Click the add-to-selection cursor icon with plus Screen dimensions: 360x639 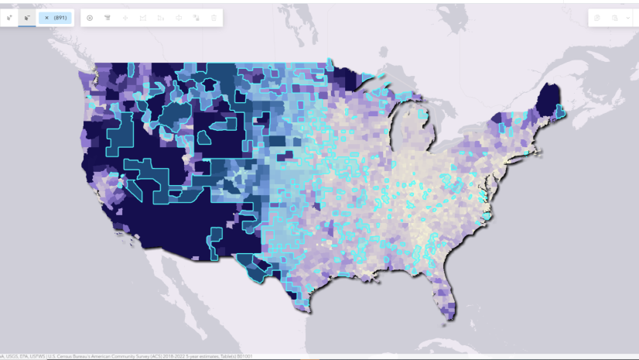tap(10, 17)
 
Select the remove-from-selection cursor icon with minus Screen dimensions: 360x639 tap(27, 17)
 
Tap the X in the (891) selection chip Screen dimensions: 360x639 tap(46, 17)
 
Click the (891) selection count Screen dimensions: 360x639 tap(60, 17)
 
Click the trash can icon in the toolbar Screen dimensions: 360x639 tap(214, 17)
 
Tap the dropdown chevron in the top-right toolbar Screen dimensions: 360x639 tap(628, 17)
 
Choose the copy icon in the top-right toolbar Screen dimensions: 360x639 tap(597, 17)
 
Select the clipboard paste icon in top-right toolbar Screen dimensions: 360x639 tap(614, 17)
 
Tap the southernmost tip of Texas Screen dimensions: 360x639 tap(308, 310)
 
